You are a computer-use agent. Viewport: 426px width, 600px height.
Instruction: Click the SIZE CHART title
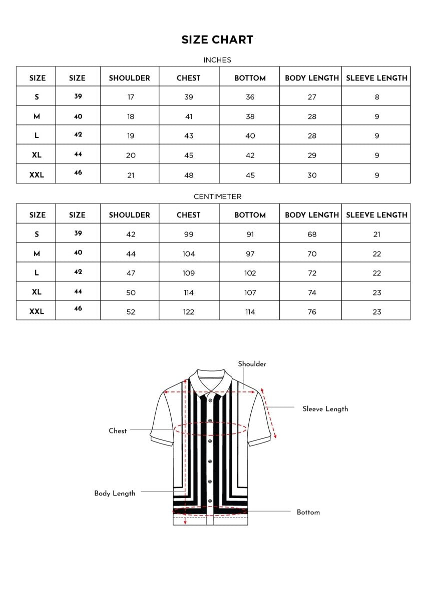217,40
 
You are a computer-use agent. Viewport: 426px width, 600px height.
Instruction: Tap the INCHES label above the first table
217,60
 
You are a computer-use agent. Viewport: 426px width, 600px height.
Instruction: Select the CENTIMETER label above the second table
217,196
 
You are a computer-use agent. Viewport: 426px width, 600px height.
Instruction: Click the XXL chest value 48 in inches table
189,175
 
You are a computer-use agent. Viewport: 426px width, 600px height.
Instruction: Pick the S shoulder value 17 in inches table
131,97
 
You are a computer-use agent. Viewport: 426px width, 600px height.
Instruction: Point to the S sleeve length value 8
377,97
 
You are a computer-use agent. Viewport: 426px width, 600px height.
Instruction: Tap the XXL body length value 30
312,175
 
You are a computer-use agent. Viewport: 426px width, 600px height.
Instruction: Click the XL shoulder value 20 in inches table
131,155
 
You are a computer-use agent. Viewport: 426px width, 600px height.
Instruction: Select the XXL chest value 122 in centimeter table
189,312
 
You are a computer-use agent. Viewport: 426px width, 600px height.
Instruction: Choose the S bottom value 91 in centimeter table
250,234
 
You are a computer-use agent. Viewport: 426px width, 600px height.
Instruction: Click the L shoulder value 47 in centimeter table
131,273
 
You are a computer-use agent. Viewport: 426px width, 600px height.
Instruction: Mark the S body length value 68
312,234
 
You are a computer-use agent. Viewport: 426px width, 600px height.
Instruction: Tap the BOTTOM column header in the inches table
250,78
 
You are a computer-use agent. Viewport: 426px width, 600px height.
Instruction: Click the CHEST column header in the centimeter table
189,215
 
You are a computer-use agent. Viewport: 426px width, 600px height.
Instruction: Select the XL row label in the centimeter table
37,292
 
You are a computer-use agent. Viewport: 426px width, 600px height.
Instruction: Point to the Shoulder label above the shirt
252,364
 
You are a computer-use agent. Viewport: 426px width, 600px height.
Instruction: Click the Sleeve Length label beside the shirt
325,409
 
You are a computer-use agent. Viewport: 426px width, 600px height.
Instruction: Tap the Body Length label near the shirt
115,493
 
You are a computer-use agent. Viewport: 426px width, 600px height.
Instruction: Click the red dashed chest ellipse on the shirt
210,428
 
